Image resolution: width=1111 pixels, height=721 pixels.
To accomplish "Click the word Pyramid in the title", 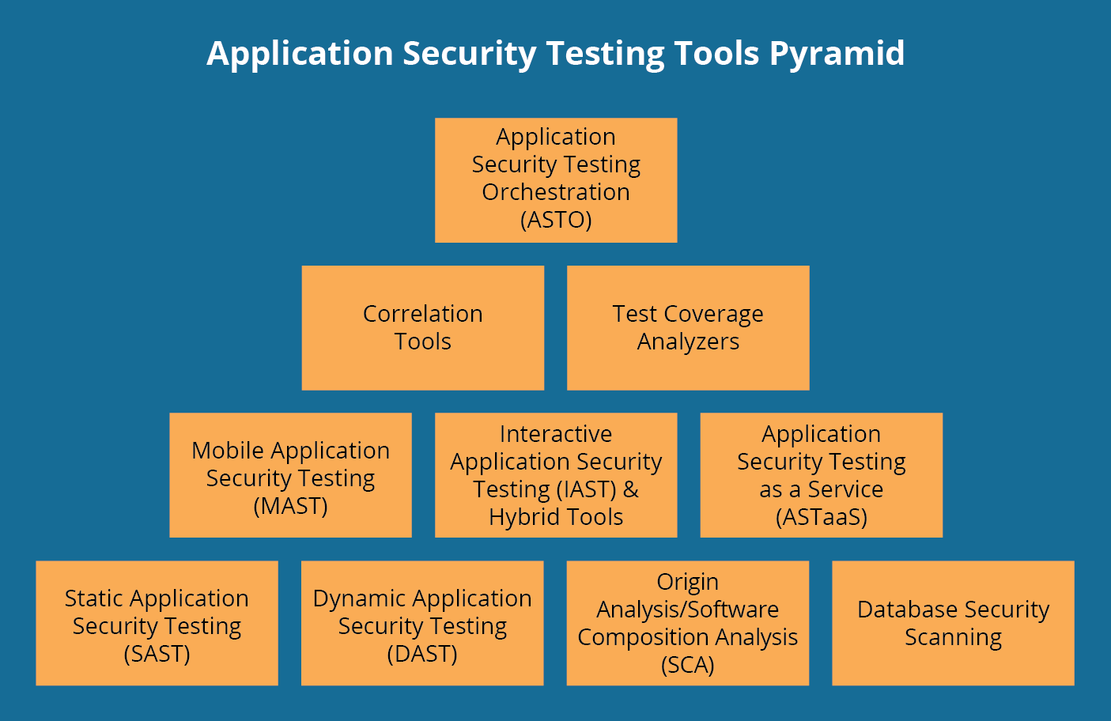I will pos(837,54).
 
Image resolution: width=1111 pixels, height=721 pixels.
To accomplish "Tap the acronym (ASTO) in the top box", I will pos(556,220).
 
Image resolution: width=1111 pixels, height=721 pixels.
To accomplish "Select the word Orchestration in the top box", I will pos(556,192).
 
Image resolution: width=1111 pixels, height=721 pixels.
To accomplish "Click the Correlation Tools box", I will pos(422,327).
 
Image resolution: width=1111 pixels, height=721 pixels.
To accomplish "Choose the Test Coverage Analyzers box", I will pos(688,327).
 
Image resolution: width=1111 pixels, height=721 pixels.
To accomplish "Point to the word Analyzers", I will pos(688,342).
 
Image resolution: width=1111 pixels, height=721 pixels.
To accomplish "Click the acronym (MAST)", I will pos(290,506).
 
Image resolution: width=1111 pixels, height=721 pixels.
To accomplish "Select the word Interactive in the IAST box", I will pos(556,434).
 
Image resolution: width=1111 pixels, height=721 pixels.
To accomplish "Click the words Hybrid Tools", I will pos(556,517).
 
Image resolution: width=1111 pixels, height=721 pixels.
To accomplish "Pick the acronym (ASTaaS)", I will pos(822,517).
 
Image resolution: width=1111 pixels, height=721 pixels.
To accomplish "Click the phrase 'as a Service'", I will pos(822,489).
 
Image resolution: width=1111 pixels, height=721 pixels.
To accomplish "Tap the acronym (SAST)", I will pos(157,654).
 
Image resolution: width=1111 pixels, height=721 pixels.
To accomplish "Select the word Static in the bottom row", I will pos(89,598).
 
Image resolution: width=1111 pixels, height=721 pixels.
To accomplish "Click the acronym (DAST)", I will pos(422,654).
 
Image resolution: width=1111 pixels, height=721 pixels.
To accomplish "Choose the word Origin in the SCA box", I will pos(688,582).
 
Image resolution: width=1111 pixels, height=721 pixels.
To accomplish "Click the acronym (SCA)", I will pos(688,666).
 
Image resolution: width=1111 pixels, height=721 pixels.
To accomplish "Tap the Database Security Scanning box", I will pos(953,623).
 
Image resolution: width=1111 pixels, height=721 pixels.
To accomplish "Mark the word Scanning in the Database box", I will pos(953,637).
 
